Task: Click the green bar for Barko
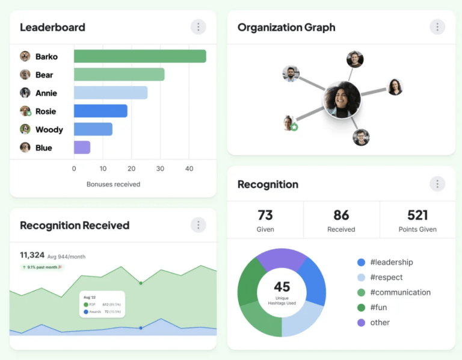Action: pyautogui.click(x=140, y=57)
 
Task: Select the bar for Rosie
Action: pyautogui.click(x=100, y=111)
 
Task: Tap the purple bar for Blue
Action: pyautogui.click(x=82, y=147)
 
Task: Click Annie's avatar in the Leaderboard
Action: pyautogui.click(x=25, y=93)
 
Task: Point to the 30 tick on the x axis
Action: pyautogui.click(x=160, y=169)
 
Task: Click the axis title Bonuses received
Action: pyautogui.click(x=113, y=184)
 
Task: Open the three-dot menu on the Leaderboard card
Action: pyautogui.click(x=198, y=27)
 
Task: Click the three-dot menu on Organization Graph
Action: pyautogui.click(x=437, y=27)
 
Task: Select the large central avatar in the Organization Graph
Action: pyautogui.click(x=342, y=99)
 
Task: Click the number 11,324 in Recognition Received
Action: pyautogui.click(x=31, y=255)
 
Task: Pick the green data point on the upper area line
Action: pyautogui.click(x=141, y=282)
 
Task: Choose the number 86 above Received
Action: pyautogui.click(x=341, y=215)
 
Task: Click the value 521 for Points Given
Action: pyautogui.click(x=417, y=215)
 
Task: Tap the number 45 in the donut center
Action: pyautogui.click(x=282, y=287)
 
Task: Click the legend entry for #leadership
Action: pyautogui.click(x=392, y=262)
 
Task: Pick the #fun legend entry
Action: pyautogui.click(x=380, y=308)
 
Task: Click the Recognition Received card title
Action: pyautogui.click(x=75, y=226)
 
